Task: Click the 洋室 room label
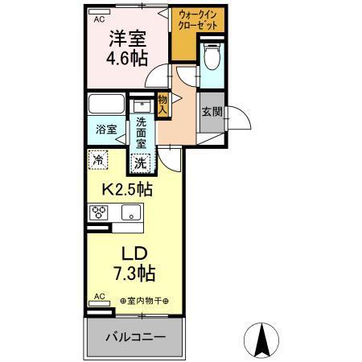point(125,39)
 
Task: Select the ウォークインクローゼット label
point(197,20)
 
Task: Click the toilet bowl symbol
point(212,57)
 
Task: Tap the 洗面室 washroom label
point(142,133)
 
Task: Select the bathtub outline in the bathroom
point(107,106)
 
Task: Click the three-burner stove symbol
point(99,213)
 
